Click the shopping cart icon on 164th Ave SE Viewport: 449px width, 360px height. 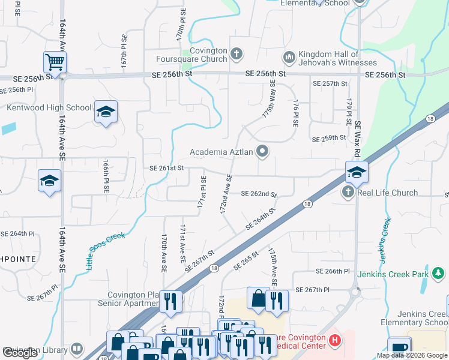[55, 62]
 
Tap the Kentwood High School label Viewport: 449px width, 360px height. [49, 108]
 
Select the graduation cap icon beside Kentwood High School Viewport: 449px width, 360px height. [106, 112]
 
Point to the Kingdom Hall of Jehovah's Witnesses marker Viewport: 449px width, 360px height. [289, 58]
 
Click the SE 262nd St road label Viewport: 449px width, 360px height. [259, 194]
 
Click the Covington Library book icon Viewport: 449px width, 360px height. [77, 349]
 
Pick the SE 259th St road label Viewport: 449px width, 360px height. [329, 138]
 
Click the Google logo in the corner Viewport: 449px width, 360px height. [20, 352]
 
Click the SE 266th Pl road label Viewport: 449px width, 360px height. [330, 271]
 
